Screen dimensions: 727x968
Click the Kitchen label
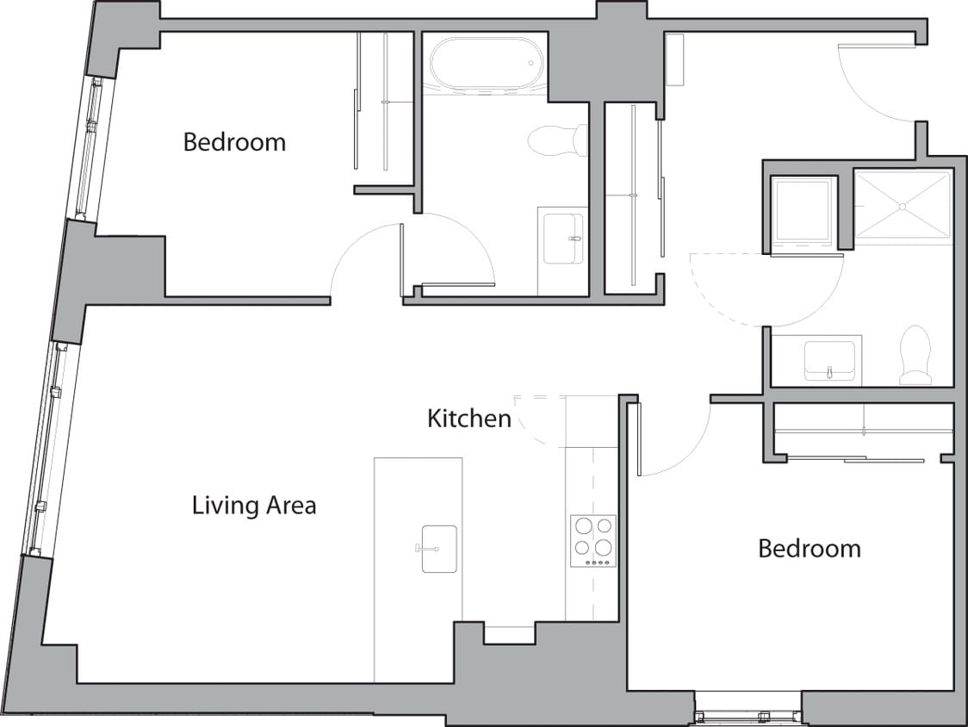pyautogui.click(x=469, y=419)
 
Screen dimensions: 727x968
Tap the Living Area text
pyautogui.click(x=253, y=505)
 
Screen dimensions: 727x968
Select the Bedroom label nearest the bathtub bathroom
pyautogui.click(x=234, y=142)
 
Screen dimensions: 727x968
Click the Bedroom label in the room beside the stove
pyautogui.click(x=809, y=548)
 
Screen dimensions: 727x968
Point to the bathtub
pyautogui.click(x=487, y=64)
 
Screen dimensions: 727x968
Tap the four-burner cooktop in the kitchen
pyautogui.click(x=593, y=540)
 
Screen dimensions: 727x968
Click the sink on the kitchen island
pyautogui.click(x=438, y=548)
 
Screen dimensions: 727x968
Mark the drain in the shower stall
pyautogui.click(x=902, y=206)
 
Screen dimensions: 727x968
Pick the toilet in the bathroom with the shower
pyautogui.click(x=915, y=355)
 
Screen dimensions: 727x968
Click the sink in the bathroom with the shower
pyautogui.click(x=829, y=360)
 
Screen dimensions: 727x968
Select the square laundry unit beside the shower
pyautogui.click(x=803, y=211)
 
